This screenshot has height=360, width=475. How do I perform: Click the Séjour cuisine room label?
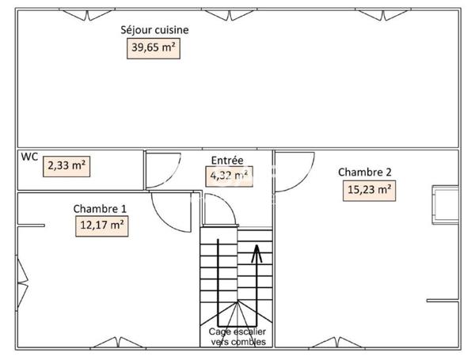pyautogui.click(x=154, y=31)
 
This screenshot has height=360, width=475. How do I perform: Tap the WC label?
pyautogui.click(x=29, y=157)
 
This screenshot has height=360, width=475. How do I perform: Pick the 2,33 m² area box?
pyautogui.click(x=67, y=166)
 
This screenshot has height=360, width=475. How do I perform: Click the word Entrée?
pyautogui.click(x=226, y=159)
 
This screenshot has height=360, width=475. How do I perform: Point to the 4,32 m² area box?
pyautogui.click(x=229, y=176)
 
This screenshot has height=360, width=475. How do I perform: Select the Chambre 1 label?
pyautogui.click(x=100, y=209)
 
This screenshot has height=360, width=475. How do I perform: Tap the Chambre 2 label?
pyautogui.click(x=364, y=172)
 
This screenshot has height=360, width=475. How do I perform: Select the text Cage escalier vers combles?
pyautogui.click(x=237, y=337)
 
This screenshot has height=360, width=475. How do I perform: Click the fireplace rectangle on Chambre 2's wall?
pyautogui.click(x=443, y=203)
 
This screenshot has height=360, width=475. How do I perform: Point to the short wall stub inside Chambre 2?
pyautogui.click(x=442, y=300)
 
